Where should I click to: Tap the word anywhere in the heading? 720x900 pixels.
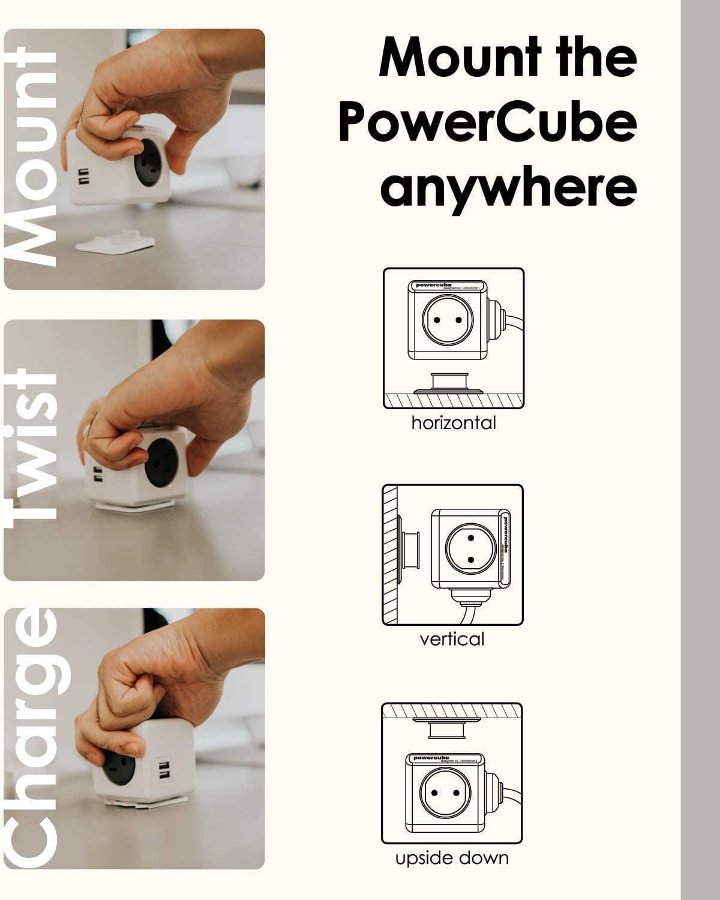(508, 188)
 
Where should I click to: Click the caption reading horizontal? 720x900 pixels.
(454, 423)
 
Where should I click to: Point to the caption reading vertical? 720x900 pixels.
(452, 639)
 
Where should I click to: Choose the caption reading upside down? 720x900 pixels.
(452, 858)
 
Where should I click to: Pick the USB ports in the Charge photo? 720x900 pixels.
(163, 770)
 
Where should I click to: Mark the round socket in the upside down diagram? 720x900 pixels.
(444, 792)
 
